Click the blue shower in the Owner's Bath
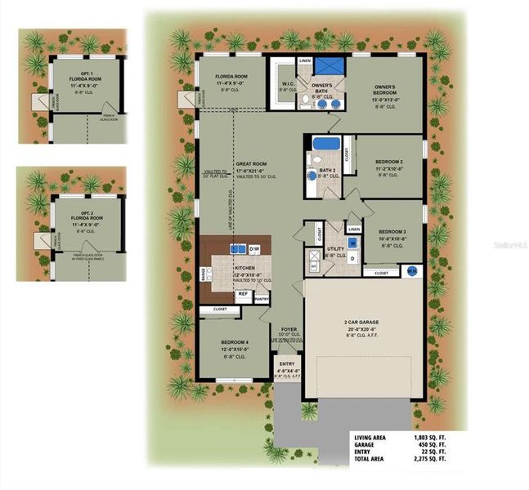(330, 66)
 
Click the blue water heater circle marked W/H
(412, 271)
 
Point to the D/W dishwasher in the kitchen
(254, 247)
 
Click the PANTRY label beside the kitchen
(262, 300)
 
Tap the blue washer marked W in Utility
(352, 243)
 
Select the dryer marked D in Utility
(352, 258)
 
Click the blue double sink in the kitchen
(237, 248)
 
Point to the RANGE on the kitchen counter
(203, 273)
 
